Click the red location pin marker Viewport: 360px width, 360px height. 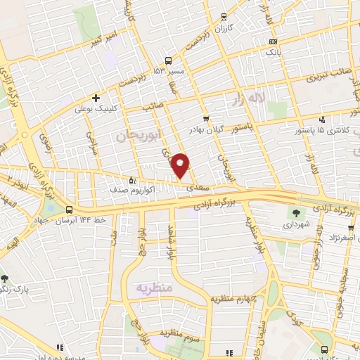[x=181, y=165]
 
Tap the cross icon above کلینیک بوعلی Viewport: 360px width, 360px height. [x=96, y=98]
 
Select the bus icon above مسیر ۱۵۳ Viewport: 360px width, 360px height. [x=168, y=60]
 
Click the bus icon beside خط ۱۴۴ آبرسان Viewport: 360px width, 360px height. [x=69, y=210]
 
